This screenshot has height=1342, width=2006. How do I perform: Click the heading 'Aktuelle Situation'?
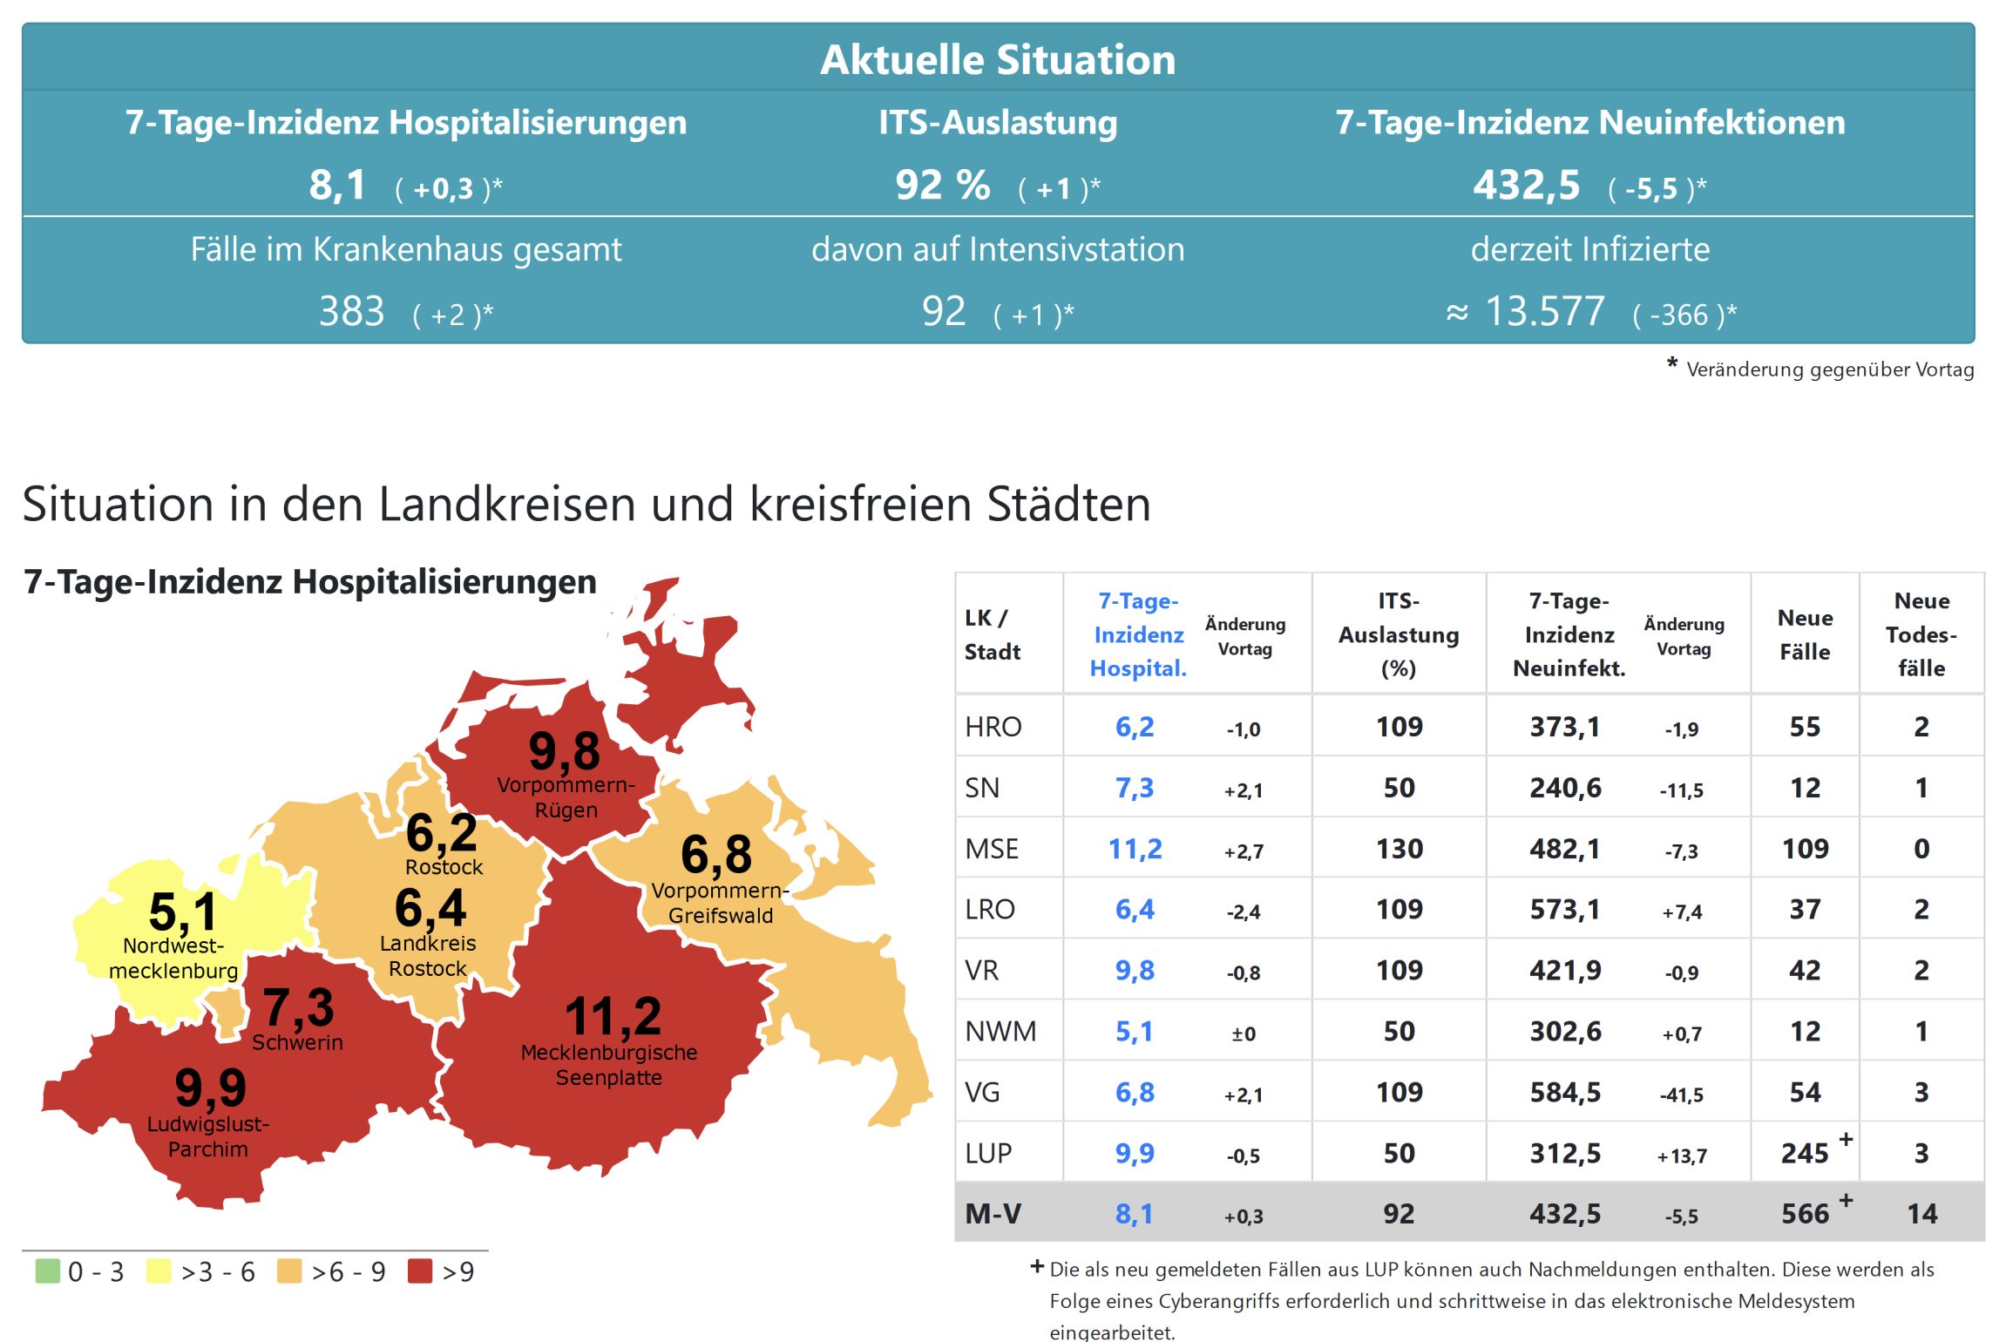(998, 60)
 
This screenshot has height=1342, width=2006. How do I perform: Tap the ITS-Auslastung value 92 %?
(943, 186)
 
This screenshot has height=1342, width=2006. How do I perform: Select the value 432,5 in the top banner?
(1526, 186)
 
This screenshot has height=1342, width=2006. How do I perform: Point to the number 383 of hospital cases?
(351, 311)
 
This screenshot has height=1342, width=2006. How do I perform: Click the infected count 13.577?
(1543, 311)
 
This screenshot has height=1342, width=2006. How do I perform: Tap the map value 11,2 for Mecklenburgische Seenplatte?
(613, 1016)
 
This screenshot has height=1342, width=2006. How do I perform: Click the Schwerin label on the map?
(297, 1042)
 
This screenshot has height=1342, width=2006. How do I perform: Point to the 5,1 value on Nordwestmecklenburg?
(182, 912)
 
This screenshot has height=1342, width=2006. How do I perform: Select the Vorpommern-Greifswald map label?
(720, 903)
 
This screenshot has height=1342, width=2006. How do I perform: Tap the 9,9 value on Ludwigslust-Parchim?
(210, 1087)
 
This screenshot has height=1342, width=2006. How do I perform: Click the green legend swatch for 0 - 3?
(47, 1271)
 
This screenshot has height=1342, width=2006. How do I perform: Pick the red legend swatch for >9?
(420, 1271)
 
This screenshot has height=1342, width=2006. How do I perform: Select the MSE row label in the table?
(991, 849)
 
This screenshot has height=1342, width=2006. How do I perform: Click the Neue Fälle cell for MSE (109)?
(1805, 849)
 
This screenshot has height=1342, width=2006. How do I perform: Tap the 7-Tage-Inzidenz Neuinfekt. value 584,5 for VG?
(1565, 1092)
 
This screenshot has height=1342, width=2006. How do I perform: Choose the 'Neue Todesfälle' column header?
(1921, 634)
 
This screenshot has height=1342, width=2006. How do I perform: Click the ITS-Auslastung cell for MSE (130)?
(1399, 849)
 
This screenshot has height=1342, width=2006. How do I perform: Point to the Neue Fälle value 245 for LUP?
(1804, 1153)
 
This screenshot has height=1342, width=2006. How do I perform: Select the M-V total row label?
(993, 1213)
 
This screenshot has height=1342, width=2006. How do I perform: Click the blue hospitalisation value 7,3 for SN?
(1134, 788)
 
